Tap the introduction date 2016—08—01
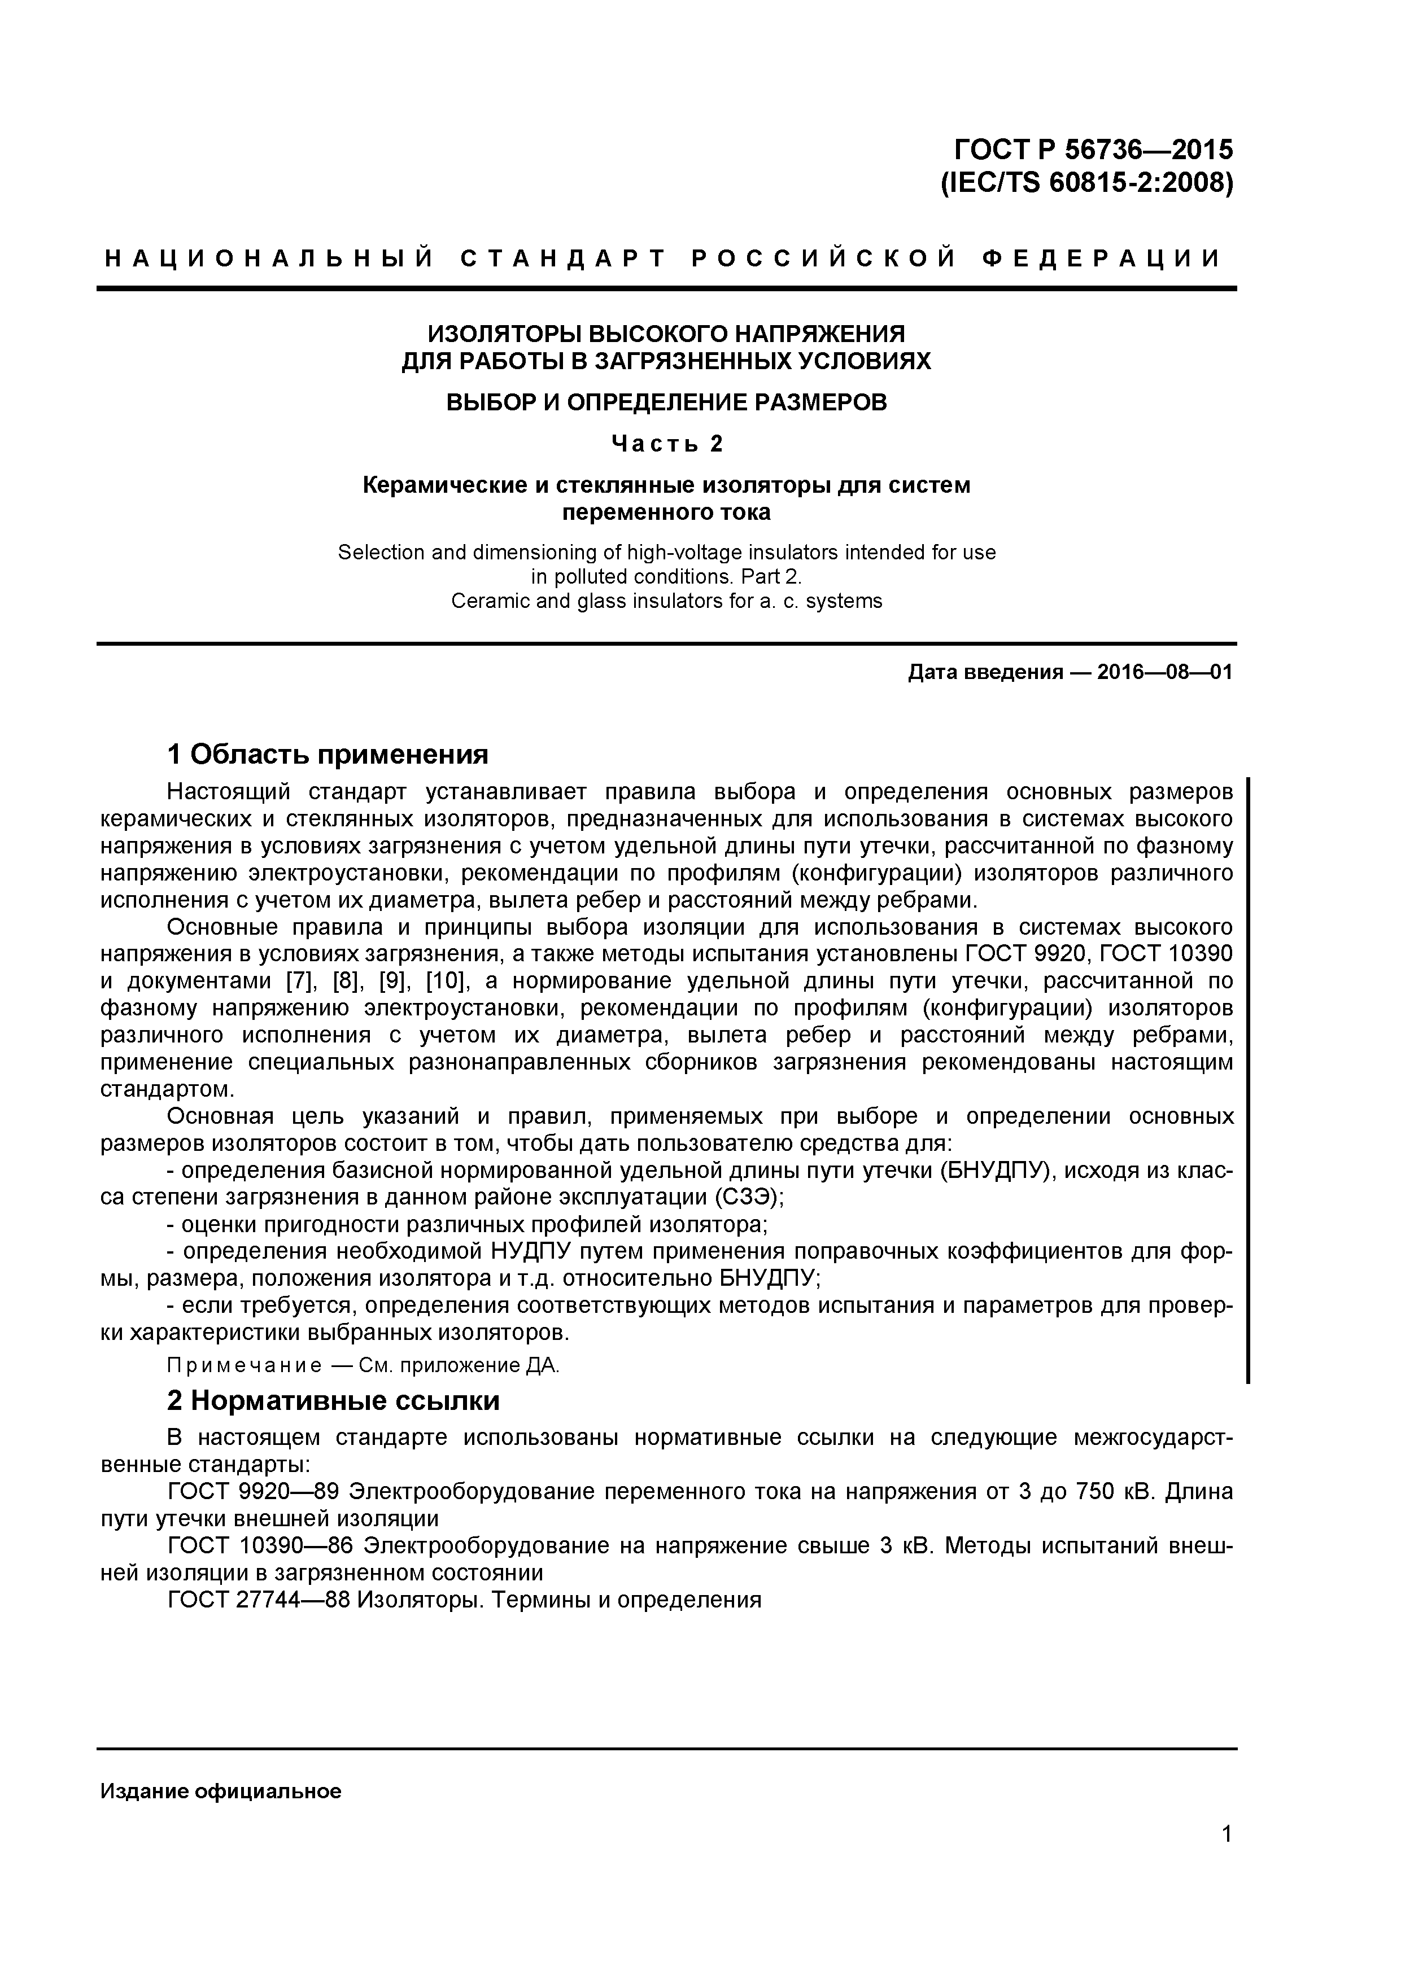(x=1164, y=672)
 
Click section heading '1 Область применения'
(x=328, y=755)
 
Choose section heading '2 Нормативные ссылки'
(x=333, y=1400)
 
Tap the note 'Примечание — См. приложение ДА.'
(x=363, y=1366)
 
